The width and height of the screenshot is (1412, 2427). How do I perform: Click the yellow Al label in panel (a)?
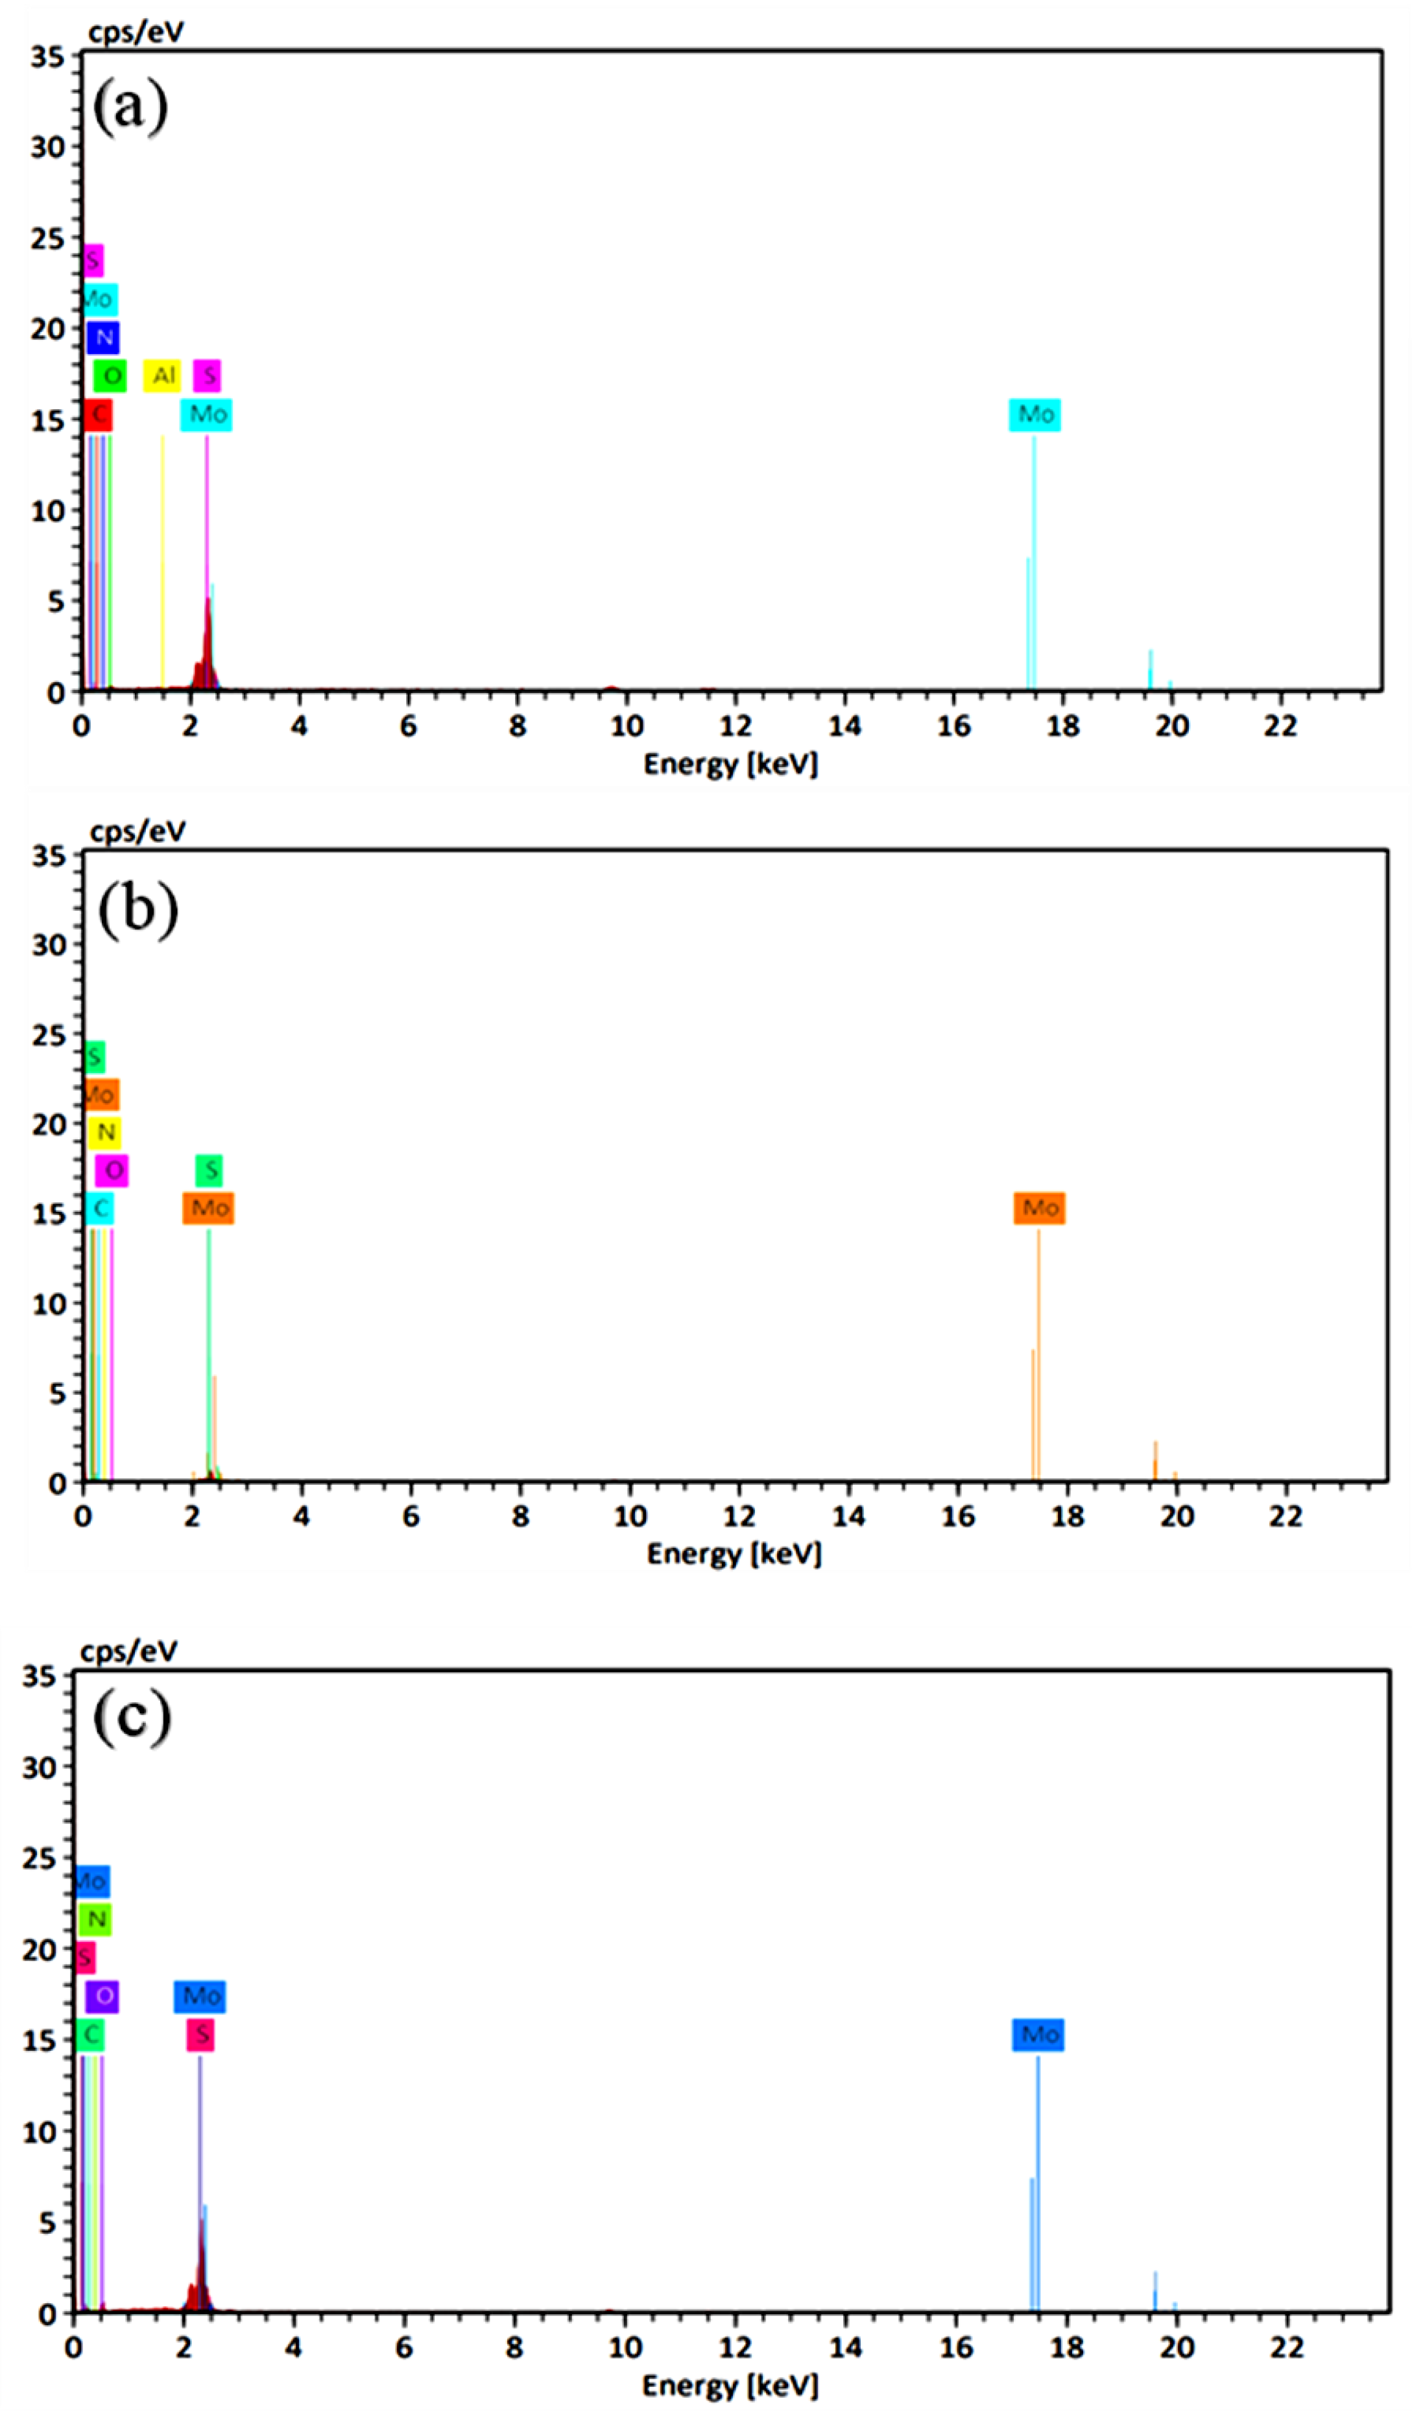(162, 375)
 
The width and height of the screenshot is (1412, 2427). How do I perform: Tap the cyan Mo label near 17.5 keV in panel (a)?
(1035, 414)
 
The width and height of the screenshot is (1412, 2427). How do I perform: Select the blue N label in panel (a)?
(103, 337)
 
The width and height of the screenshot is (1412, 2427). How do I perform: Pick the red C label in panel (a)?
(97, 415)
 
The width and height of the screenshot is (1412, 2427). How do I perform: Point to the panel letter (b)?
(138, 908)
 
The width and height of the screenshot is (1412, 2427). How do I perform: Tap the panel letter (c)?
(132, 1717)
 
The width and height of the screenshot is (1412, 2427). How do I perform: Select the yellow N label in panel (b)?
(105, 1133)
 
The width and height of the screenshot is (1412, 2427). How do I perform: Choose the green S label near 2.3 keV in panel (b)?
(209, 1170)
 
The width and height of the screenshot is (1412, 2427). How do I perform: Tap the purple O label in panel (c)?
(102, 1996)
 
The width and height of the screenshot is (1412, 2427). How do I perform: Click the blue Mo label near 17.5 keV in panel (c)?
(1038, 2034)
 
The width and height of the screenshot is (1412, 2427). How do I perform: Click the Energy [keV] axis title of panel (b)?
(734, 1554)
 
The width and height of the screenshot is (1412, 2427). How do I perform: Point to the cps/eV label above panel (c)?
(129, 1651)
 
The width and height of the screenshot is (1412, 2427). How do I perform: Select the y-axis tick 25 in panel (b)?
(47, 1036)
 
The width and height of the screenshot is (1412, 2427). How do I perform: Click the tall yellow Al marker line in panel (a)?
(162, 558)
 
